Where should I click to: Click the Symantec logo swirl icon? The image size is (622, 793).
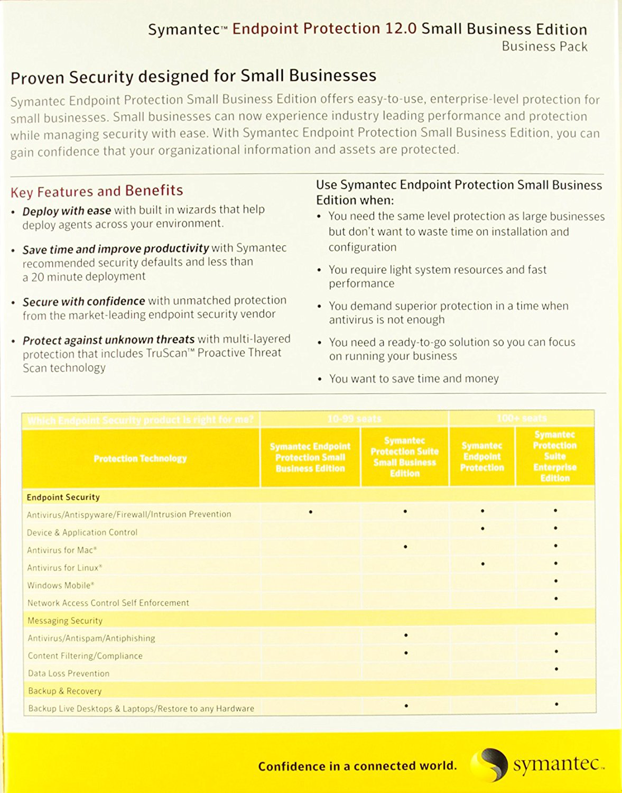(489, 764)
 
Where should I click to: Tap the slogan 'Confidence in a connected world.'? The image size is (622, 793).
(357, 766)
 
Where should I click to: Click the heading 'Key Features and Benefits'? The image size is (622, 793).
(97, 191)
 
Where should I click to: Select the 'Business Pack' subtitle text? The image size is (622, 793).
(544, 47)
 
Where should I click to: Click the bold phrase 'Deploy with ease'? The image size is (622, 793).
(67, 211)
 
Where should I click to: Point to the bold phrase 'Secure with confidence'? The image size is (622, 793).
(83, 301)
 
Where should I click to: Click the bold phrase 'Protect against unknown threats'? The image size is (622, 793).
(108, 339)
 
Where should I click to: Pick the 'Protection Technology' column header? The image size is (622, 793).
(140, 458)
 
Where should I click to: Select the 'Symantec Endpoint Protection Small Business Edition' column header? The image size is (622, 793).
(310, 457)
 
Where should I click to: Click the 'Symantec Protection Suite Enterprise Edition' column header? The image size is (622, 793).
(554, 456)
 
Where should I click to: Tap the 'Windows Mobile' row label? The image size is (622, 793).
(61, 585)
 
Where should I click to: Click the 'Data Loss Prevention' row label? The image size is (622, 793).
(69, 674)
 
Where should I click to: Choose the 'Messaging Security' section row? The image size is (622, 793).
(65, 621)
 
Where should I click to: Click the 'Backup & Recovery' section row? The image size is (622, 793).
(64, 691)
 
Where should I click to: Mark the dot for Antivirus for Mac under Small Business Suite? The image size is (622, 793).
(405, 547)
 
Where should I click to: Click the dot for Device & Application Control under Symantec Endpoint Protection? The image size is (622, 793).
(482, 529)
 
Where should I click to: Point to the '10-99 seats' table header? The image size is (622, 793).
(354, 419)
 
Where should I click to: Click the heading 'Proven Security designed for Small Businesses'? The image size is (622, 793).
(193, 77)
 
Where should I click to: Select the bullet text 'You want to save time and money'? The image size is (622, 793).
(414, 379)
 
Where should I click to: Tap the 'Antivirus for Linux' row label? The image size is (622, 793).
(64, 568)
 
